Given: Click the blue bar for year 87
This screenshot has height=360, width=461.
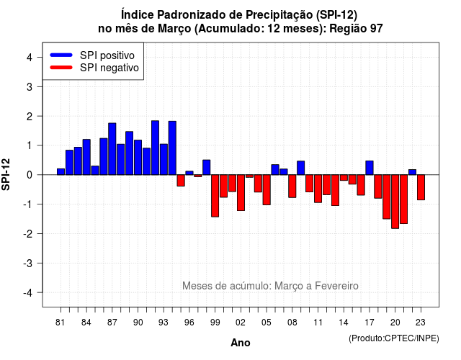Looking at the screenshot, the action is [x=112, y=149].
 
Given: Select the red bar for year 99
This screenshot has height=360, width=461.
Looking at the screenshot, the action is [x=215, y=196].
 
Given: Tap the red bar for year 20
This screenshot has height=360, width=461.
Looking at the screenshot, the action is [x=395, y=202].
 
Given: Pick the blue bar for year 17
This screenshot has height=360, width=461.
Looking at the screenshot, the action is [x=370, y=168].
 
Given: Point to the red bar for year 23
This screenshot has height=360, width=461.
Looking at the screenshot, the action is [x=421, y=187].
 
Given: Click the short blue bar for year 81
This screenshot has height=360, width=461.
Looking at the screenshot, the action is [x=61, y=171].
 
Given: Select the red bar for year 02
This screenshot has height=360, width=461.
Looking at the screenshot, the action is [x=241, y=192].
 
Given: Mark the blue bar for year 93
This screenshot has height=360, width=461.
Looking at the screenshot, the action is [x=164, y=160].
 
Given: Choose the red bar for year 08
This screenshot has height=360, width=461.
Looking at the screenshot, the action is [x=292, y=186].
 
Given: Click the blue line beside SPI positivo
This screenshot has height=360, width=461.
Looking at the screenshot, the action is [x=61, y=55].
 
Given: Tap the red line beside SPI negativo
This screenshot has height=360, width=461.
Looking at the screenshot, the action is [x=61, y=67].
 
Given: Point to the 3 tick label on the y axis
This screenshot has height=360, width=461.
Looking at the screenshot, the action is [x=30, y=86].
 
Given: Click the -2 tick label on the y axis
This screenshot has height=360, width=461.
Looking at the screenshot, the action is [x=29, y=233].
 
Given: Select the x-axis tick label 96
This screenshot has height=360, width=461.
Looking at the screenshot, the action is [x=189, y=323].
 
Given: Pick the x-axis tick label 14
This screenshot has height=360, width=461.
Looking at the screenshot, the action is [x=344, y=323].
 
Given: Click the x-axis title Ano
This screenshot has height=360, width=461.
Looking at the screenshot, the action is [x=241, y=343].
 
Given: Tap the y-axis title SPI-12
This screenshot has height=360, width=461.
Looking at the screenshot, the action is [x=6, y=174].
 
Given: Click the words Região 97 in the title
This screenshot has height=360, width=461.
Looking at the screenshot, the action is [x=356, y=29].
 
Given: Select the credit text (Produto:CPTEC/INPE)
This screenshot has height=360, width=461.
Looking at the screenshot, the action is [x=394, y=338].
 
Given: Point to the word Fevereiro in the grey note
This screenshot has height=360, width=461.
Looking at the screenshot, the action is [x=336, y=286].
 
